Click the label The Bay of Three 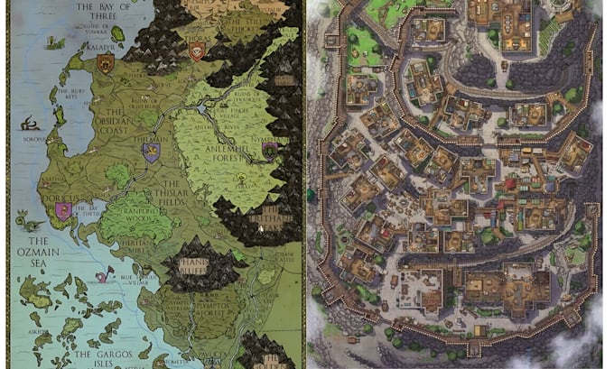pyautogui.click(x=97, y=10)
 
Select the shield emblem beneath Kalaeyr pyautogui.click(x=106, y=62)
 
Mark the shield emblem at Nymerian pyautogui.click(x=269, y=151)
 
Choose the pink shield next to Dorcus pyautogui.click(x=62, y=210)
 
